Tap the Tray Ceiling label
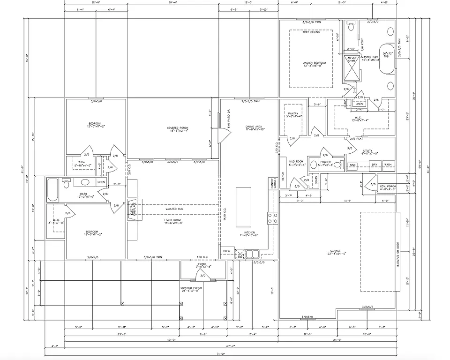pos(311,32)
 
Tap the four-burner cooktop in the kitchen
pos(272,218)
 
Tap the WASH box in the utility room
pos(388,165)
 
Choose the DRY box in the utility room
pos(374,165)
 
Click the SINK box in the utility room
pos(353,165)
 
